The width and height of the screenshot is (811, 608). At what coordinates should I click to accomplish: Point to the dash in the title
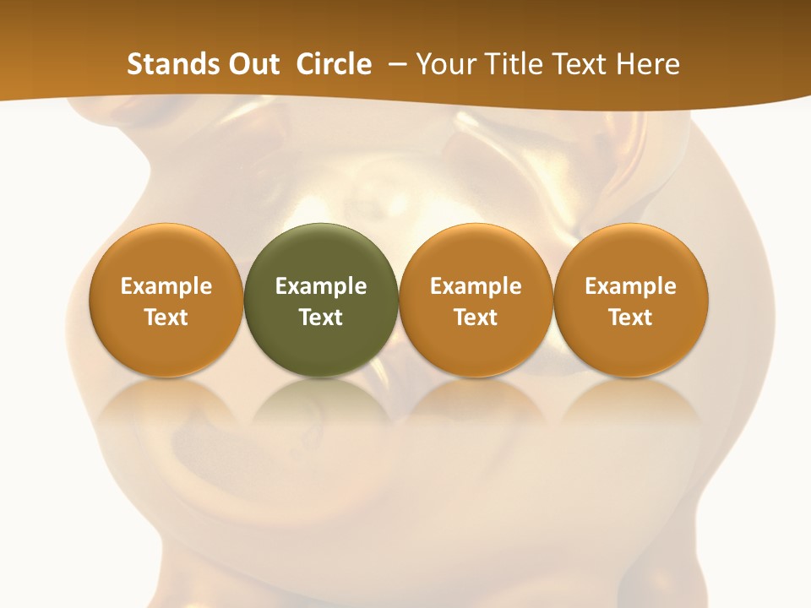394,64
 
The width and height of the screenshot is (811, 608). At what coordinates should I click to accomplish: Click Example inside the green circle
321,286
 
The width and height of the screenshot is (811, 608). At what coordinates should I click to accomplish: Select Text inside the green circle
321,318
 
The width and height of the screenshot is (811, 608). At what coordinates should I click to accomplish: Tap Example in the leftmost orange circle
166,286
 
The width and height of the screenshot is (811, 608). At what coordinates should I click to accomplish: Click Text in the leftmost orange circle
166,318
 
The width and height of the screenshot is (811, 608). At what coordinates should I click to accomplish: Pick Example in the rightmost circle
630,286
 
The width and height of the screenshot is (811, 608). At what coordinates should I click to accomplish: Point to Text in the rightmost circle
630,318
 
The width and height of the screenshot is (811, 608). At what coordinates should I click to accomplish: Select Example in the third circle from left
476,286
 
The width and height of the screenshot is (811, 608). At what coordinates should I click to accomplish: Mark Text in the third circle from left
476,318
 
